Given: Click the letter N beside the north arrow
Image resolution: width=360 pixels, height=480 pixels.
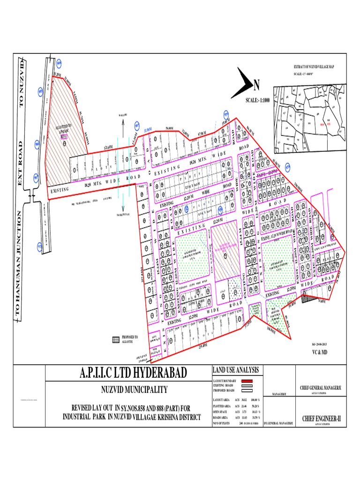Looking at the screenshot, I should pos(256,86).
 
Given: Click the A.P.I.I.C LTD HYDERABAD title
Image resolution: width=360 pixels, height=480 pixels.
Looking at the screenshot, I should pos(127,374).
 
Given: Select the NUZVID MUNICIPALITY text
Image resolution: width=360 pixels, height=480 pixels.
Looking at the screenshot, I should pos(127,390).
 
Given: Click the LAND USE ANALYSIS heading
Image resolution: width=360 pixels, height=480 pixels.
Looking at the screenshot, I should pos(237,371).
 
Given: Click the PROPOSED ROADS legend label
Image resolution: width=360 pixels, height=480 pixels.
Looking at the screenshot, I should pos(224,390).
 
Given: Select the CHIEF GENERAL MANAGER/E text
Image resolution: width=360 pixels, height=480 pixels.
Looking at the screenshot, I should pos(319,388).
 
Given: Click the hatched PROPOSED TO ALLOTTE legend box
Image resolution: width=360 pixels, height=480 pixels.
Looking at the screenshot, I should pos(115,339).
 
